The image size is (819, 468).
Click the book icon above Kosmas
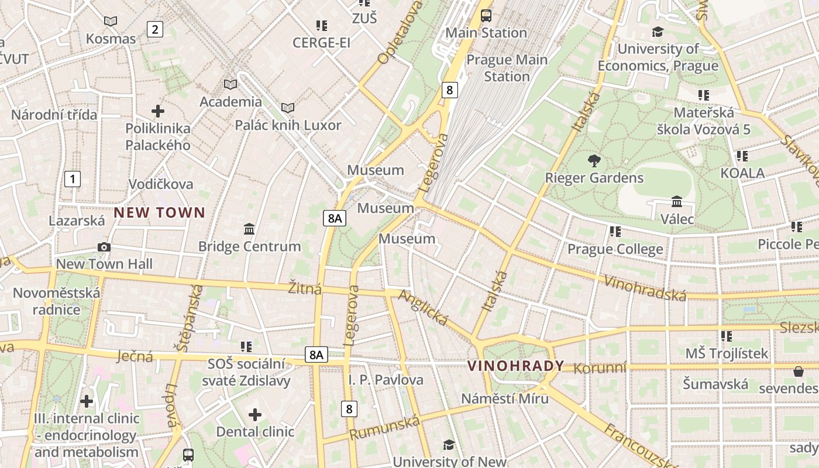[111, 22]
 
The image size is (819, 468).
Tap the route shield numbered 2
[154, 29]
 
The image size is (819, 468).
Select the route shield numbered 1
[72, 178]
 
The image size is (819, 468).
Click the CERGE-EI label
[321, 43]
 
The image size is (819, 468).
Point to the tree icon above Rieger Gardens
[594, 160]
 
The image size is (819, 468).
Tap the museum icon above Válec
[677, 202]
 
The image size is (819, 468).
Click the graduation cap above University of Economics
[658, 32]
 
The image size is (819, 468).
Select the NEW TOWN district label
[159, 212]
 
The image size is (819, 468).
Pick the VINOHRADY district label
[515, 366]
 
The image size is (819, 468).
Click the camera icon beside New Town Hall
[104, 247]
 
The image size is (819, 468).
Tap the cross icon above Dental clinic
[255, 415]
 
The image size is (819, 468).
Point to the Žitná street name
[305, 288]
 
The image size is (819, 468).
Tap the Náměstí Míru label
[505, 398]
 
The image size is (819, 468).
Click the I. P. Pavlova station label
[386, 380]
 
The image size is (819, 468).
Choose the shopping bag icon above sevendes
[798, 371]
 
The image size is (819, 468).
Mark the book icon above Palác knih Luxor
[287, 108]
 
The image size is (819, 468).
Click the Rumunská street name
[384, 428]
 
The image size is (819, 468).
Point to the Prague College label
[615, 249]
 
